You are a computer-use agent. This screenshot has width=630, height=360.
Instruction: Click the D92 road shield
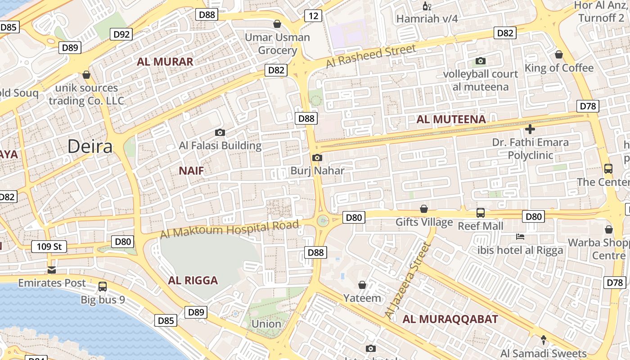coord(121,34)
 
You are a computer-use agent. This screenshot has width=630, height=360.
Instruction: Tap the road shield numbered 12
coord(313,16)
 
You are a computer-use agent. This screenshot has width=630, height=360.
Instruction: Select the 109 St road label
coord(49,247)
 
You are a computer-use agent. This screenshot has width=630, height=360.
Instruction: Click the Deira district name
coord(90,147)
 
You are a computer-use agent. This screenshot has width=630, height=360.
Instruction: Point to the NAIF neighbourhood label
coord(191,171)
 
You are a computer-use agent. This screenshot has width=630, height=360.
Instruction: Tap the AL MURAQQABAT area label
coord(450,319)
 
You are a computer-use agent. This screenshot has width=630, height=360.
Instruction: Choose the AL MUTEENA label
coord(451,119)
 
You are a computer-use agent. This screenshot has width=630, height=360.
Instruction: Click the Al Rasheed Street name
coord(371,56)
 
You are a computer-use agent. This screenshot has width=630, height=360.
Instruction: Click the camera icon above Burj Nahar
coord(317,157)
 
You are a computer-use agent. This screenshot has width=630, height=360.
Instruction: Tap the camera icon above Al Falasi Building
coord(220,132)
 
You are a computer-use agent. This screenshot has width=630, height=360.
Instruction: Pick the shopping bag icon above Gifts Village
coord(423,209)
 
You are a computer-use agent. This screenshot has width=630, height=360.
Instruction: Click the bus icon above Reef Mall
coord(481,212)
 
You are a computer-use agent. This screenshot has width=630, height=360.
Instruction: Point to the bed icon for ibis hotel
coord(520,237)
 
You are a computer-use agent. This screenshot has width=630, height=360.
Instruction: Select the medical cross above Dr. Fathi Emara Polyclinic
coord(530,130)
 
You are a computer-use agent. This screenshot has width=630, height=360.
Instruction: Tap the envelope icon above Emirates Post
coord(52,270)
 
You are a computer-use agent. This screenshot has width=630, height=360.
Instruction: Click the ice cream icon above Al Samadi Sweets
coord(543,340)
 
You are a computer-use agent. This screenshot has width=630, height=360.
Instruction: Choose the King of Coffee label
coord(559,68)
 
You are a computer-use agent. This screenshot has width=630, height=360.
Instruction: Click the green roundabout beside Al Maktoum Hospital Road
coord(323,220)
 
